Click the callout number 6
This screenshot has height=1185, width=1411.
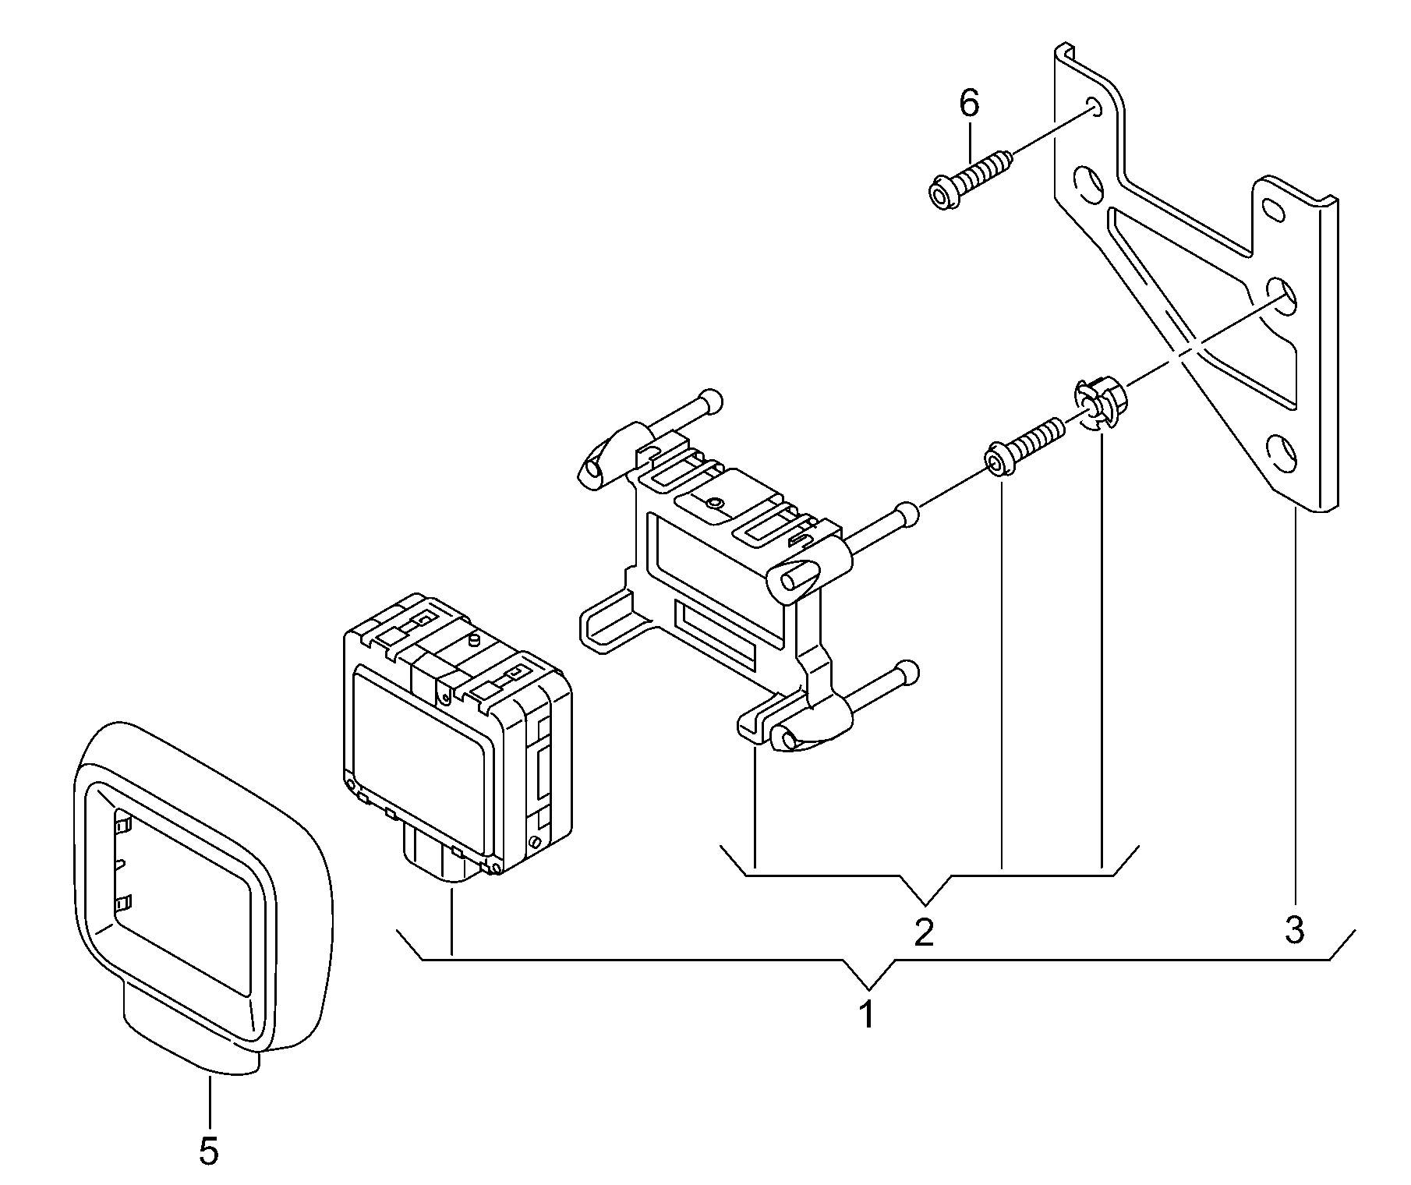968,103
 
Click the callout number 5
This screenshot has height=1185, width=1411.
208,1151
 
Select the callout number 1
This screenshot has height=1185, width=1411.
866,1015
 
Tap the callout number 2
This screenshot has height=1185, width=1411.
924,932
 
